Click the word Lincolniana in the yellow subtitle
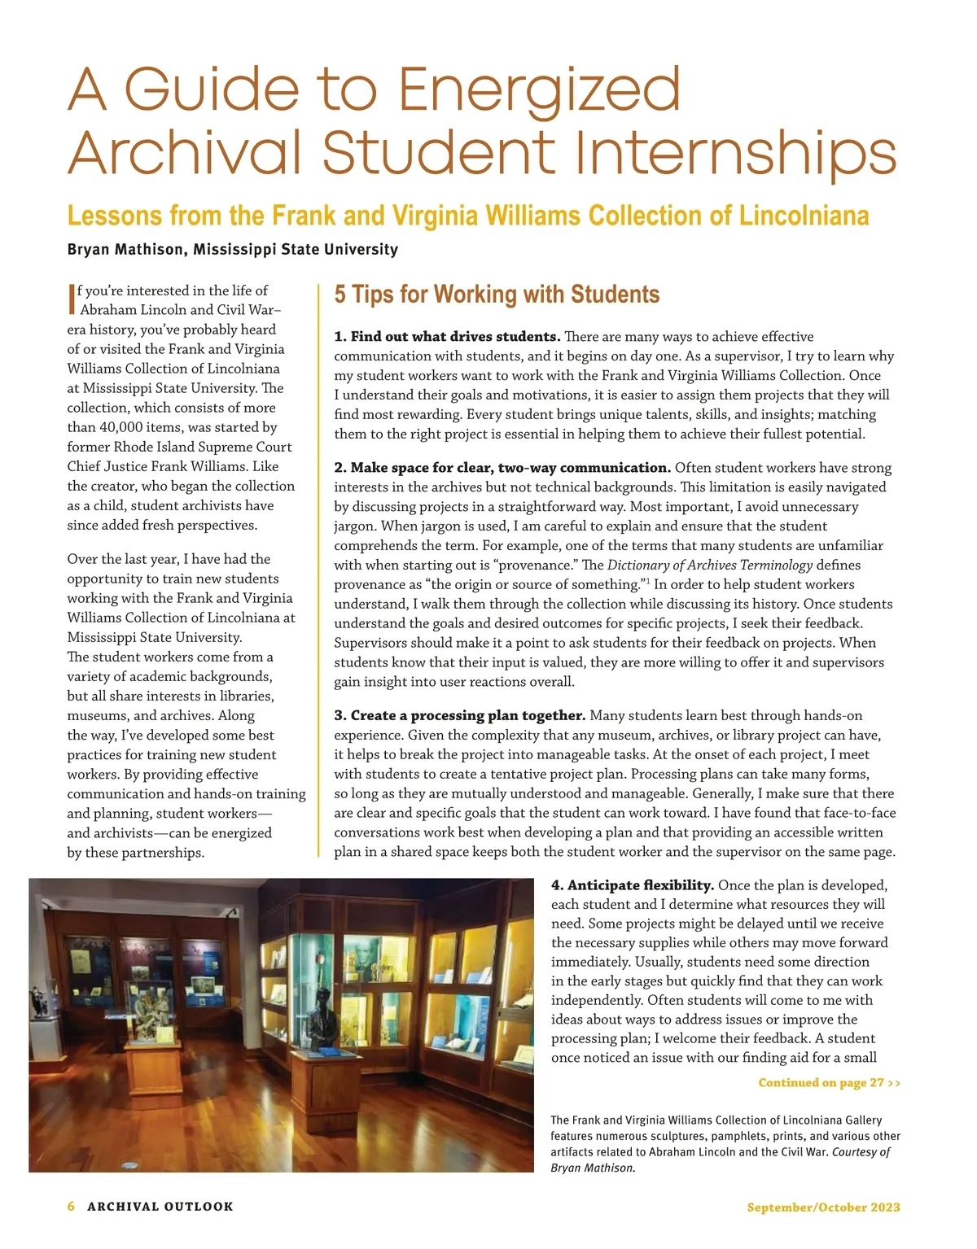pyautogui.click(x=804, y=216)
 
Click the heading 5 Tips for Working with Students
pyautogui.click(x=497, y=295)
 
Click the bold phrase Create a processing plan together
pyautogui.click(x=460, y=716)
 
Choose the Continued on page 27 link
pyautogui.click(x=829, y=1083)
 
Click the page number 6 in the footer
pyautogui.click(x=72, y=1207)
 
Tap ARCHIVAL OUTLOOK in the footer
pyautogui.click(x=160, y=1207)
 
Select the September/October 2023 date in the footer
pyautogui.click(x=823, y=1207)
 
